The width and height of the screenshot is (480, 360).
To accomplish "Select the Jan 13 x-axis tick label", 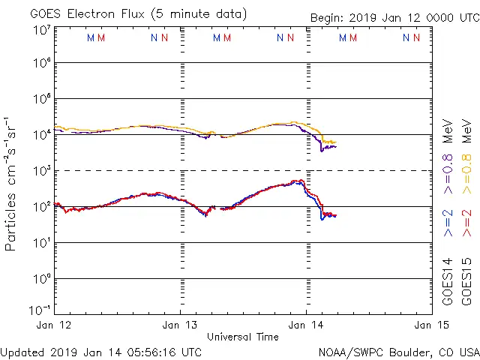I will (181, 325).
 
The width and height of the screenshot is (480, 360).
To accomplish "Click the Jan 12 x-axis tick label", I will (55, 325).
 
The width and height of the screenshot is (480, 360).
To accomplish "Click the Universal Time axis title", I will (243, 337).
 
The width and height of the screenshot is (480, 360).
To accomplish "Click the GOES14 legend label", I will (448, 282).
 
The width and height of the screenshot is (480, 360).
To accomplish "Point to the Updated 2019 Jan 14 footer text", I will (101, 352).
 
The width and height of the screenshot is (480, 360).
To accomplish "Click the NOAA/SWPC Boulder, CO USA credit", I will (398, 352).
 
